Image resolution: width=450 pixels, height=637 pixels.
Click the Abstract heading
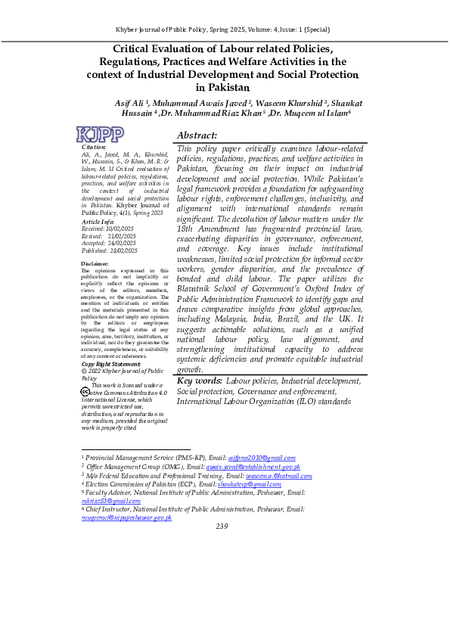(197, 135)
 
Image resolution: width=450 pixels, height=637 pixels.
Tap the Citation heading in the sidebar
(94, 146)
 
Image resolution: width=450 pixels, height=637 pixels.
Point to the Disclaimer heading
(97, 263)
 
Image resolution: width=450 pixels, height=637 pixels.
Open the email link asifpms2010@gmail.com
(261, 458)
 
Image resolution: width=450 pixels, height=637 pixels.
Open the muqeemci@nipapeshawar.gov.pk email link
(127, 517)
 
